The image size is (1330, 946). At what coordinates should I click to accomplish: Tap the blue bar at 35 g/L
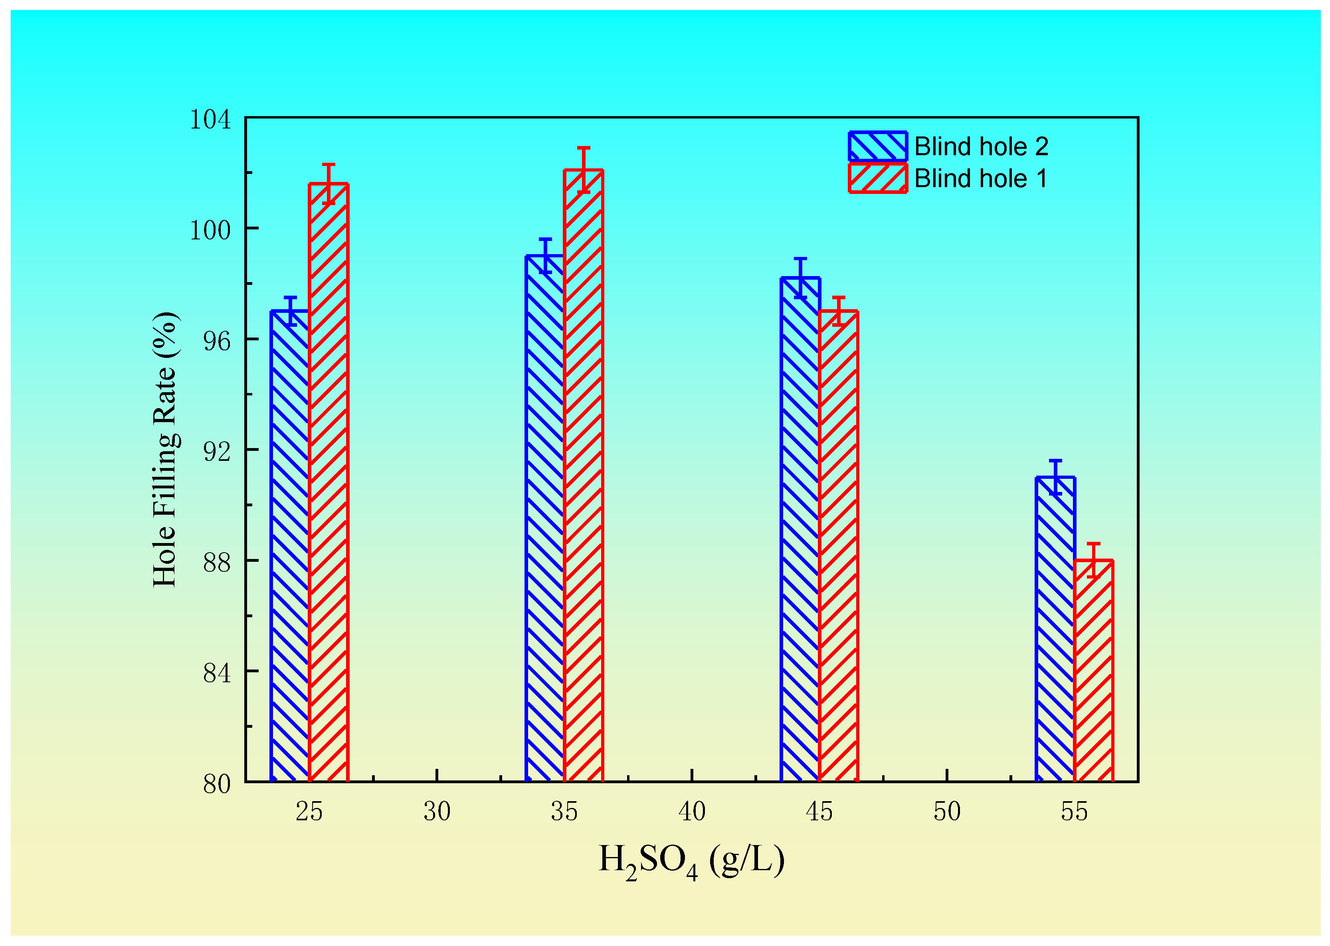[x=544, y=518]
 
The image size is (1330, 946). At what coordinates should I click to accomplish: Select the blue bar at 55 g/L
[x=1055, y=629]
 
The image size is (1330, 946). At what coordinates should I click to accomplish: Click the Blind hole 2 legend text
[x=981, y=146]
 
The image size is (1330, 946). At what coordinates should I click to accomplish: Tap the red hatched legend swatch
[x=877, y=178]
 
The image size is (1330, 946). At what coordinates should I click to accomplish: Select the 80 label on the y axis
[x=217, y=784]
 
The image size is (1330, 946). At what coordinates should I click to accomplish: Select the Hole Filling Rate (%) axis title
[x=166, y=449]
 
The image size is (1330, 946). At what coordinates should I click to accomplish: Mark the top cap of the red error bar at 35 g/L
[x=584, y=148]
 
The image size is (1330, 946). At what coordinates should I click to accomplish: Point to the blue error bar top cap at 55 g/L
[x=1055, y=461]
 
